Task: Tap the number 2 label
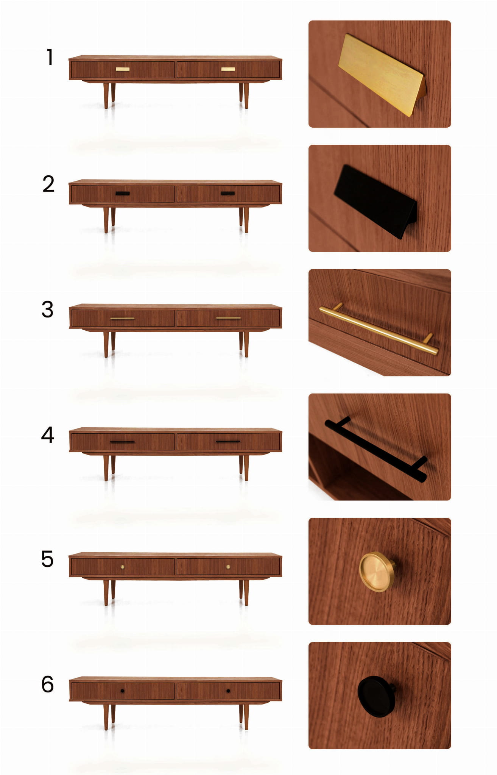(x=48, y=184)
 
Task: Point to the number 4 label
(x=48, y=434)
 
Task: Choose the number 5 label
(x=47, y=559)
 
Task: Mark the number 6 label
(x=47, y=684)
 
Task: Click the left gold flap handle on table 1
(x=123, y=69)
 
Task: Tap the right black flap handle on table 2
(x=228, y=193)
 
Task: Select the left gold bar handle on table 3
(x=122, y=318)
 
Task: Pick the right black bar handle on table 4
(x=228, y=441)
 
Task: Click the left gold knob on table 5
(x=122, y=567)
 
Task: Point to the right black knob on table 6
(x=228, y=691)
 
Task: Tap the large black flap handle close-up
(x=376, y=201)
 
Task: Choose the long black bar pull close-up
(x=376, y=450)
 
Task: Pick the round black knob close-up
(x=377, y=696)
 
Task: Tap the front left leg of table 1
(x=106, y=96)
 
